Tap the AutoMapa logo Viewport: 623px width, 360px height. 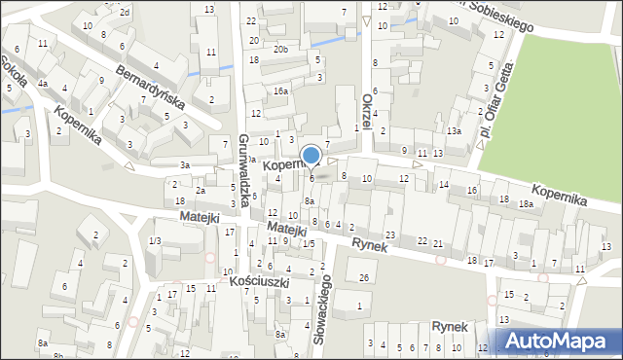(x=559, y=341)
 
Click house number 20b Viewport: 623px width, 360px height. (x=280, y=49)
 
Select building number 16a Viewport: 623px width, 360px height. (x=280, y=90)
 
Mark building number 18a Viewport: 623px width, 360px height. (x=526, y=204)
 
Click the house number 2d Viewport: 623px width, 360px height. (x=125, y=12)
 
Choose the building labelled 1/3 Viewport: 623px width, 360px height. (x=155, y=240)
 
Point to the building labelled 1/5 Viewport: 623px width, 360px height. (x=308, y=243)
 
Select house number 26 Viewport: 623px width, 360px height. (x=363, y=278)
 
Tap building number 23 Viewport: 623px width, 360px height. (x=389, y=235)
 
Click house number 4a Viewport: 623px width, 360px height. (x=43, y=84)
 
